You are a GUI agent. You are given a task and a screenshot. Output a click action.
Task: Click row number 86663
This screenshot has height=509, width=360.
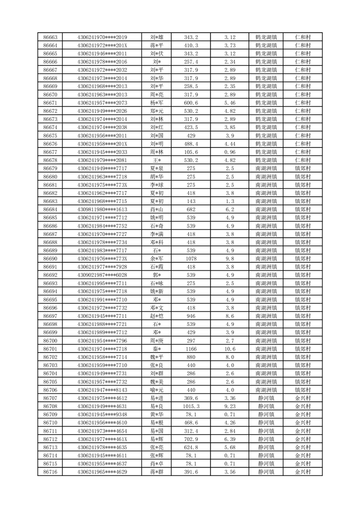[50, 37]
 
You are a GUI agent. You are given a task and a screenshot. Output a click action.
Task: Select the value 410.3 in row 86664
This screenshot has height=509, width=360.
[191, 45]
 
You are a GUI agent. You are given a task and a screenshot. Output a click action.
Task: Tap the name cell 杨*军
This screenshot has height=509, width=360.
[156, 103]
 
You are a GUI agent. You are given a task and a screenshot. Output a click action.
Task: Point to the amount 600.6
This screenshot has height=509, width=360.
[191, 103]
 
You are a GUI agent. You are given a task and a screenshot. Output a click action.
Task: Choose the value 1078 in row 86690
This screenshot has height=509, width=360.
[191, 259]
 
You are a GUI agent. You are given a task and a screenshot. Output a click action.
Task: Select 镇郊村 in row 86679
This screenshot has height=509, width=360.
[302, 168]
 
